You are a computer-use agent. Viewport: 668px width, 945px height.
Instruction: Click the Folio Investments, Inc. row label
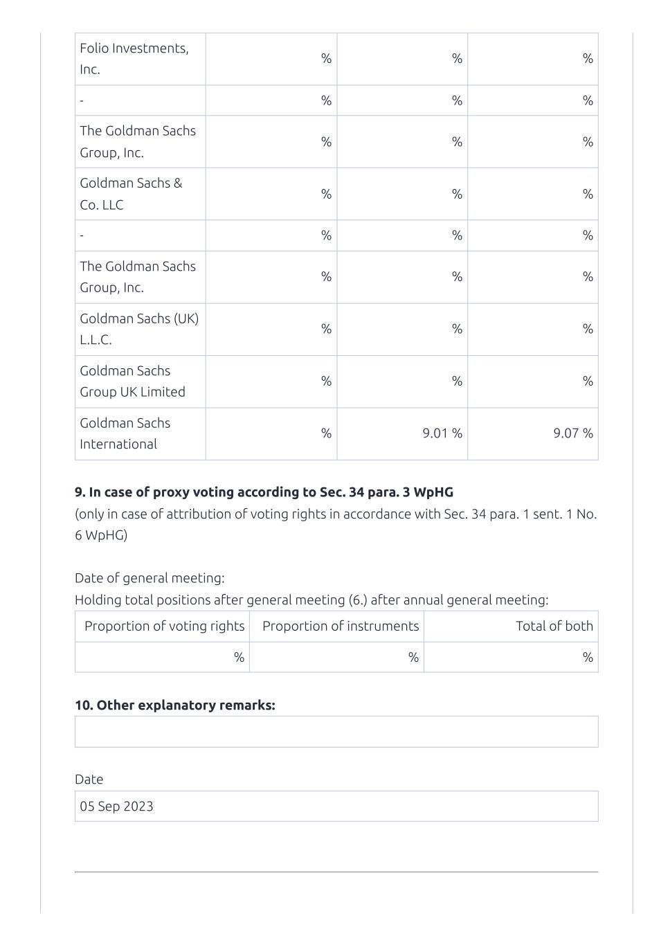[134, 59]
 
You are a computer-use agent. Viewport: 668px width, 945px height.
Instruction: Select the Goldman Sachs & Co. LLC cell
[131, 194]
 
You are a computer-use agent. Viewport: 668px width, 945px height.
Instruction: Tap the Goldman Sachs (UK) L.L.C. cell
[138, 329]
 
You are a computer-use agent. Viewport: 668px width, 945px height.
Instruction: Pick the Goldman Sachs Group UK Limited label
[132, 381]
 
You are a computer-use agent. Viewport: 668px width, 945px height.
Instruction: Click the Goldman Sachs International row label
[125, 433]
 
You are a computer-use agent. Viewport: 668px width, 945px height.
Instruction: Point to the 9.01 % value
[442, 433]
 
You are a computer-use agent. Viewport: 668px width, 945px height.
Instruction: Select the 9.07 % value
[573, 433]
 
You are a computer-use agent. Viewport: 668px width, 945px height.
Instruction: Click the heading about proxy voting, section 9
[264, 492]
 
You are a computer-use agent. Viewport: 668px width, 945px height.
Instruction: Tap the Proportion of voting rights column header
[164, 626]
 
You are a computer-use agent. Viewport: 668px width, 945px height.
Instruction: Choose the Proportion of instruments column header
[341, 626]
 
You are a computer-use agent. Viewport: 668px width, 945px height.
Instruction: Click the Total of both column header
[554, 626]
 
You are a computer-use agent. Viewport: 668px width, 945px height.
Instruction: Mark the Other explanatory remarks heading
[174, 705]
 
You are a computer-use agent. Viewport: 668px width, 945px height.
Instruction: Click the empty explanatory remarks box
[336, 732]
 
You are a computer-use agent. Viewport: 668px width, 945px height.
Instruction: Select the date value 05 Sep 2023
[116, 806]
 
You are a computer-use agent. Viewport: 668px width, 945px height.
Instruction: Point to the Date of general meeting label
[150, 578]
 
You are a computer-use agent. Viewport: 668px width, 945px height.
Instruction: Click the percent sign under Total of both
[588, 657]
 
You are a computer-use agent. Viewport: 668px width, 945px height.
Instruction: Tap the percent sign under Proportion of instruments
[413, 657]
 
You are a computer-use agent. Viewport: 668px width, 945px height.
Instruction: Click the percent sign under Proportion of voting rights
[239, 657]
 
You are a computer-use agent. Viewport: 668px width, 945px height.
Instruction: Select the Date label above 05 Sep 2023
[89, 780]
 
